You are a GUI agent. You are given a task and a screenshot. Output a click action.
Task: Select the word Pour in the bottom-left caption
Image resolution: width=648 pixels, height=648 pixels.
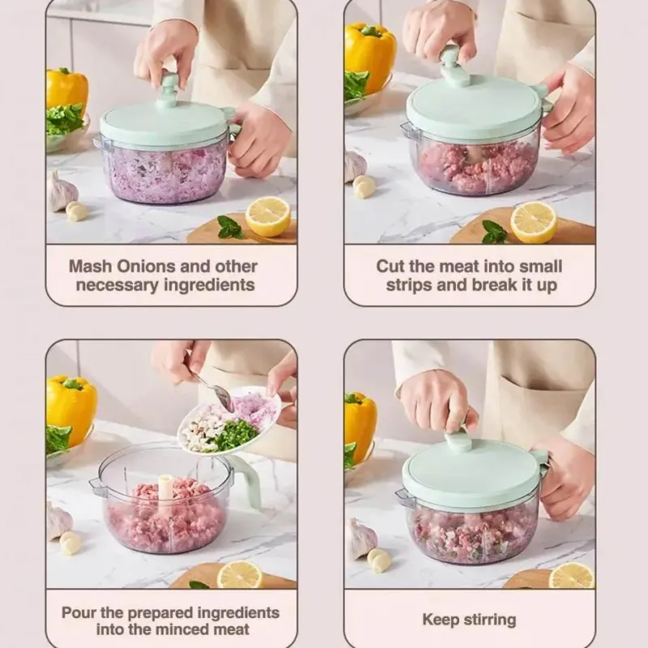point(79,612)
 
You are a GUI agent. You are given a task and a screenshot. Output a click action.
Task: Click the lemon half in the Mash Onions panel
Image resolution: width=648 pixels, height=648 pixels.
point(268,216)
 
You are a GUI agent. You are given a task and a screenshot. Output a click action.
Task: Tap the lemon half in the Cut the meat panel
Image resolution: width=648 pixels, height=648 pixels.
point(534,222)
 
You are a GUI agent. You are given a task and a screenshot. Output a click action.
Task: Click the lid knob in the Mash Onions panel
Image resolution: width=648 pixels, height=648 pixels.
point(169,89)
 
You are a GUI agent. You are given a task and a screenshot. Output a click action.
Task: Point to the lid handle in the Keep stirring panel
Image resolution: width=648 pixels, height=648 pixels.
point(458,441)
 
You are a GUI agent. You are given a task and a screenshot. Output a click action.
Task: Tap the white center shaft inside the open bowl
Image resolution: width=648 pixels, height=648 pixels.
point(166,489)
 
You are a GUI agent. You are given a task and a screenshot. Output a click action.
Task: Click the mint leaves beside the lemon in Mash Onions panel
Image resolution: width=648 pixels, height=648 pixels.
point(229,228)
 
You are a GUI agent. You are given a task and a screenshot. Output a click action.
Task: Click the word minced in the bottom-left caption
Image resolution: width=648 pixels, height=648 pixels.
point(202,629)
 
